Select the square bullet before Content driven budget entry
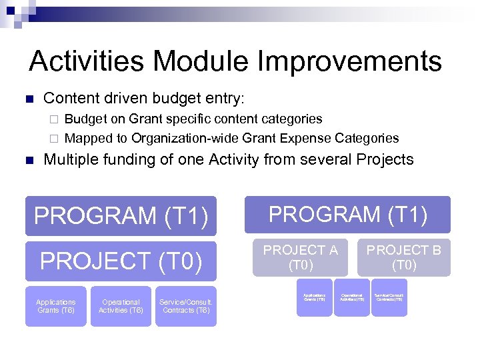click(28, 99)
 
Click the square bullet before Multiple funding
click(28, 160)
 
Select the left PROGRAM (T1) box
click(121, 216)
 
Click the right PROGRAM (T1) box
click(347, 215)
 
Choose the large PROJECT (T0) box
click(121, 261)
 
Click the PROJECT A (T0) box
click(300, 257)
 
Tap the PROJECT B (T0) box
click(404, 257)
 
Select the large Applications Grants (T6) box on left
click(56, 306)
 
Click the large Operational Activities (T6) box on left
click(121, 306)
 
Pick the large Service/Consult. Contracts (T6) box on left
click(186, 306)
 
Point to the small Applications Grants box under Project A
click(314, 297)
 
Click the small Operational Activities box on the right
click(352, 297)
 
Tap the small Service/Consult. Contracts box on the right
click(389, 297)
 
